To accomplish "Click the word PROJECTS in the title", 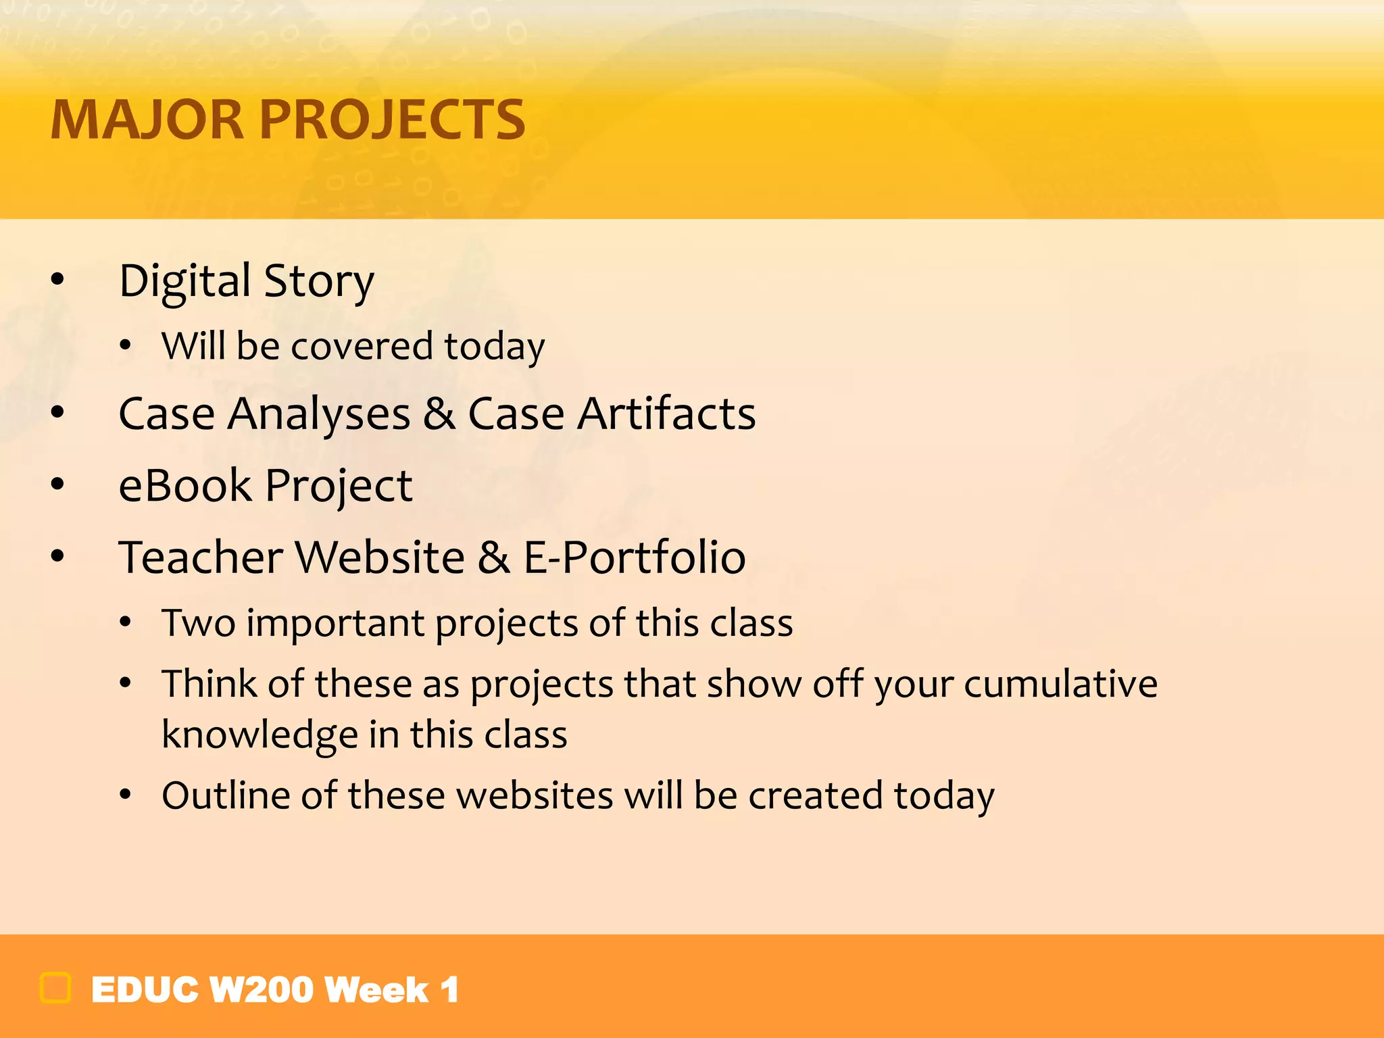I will click(x=392, y=120).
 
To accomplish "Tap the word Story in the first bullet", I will click(x=318, y=281).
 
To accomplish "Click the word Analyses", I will click(x=318, y=414).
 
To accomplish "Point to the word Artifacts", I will click(x=666, y=414).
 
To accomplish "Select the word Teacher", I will click(x=201, y=558).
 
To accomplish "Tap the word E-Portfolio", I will click(x=635, y=558).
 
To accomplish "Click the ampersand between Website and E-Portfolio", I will click(x=494, y=558).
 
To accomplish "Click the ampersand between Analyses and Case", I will click(x=439, y=414).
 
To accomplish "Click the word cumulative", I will click(x=1060, y=683).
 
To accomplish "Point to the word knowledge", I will click(x=259, y=735).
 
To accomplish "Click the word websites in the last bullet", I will click(x=534, y=795).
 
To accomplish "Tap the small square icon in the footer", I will click(x=55, y=988).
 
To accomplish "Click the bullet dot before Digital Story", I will click(x=57, y=278).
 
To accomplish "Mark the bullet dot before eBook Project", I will click(x=57, y=484).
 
